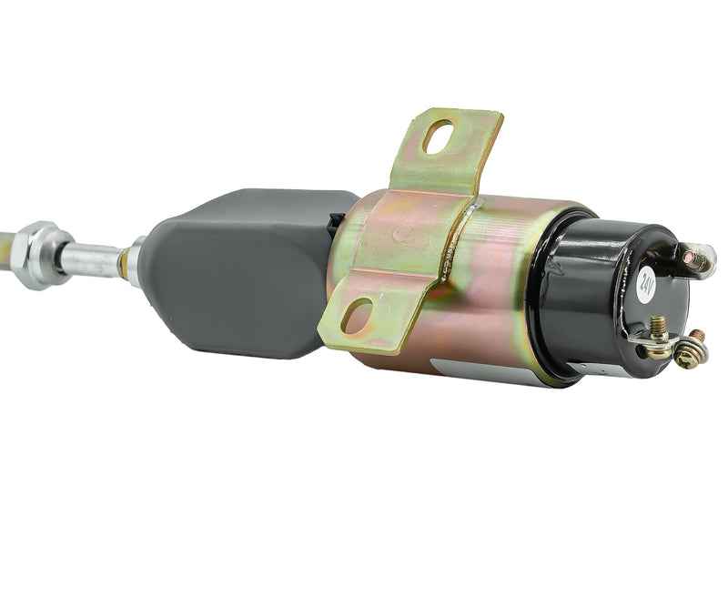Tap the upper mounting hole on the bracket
439,137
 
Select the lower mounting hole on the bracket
358,316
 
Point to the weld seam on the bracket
455,241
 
